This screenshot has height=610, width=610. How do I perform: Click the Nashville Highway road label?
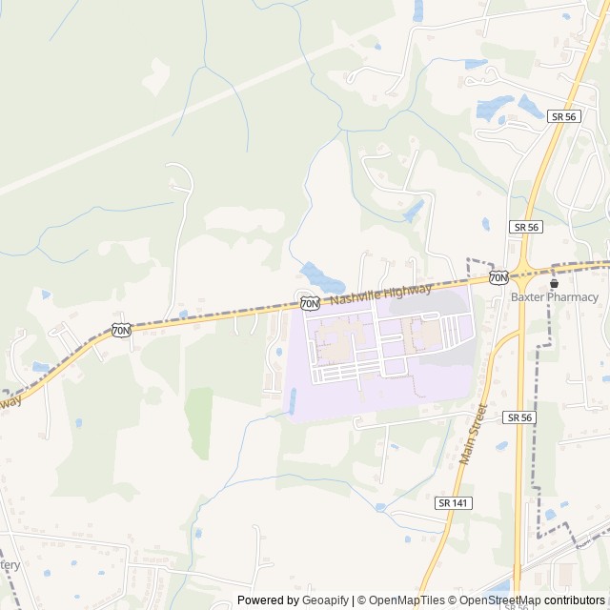click(381, 293)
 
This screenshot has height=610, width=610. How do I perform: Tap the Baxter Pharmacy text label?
click(555, 297)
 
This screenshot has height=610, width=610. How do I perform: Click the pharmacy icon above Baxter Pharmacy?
click(554, 283)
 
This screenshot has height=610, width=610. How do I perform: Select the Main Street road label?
click(473, 434)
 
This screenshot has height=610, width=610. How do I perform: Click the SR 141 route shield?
click(455, 502)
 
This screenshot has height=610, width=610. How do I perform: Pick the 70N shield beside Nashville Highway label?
click(309, 303)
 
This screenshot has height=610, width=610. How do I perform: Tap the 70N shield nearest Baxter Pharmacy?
click(498, 277)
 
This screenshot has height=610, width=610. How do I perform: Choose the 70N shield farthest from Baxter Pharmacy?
click(120, 331)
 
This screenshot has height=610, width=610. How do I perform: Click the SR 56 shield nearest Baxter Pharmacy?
click(525, 227)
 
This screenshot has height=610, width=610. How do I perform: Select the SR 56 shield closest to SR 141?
click(519, 417)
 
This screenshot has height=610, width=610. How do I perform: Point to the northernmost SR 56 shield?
click(562, 115)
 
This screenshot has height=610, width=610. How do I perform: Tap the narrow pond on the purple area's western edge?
click(292, 400)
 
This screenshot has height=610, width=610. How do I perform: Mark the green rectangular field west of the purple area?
click(198, 423)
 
